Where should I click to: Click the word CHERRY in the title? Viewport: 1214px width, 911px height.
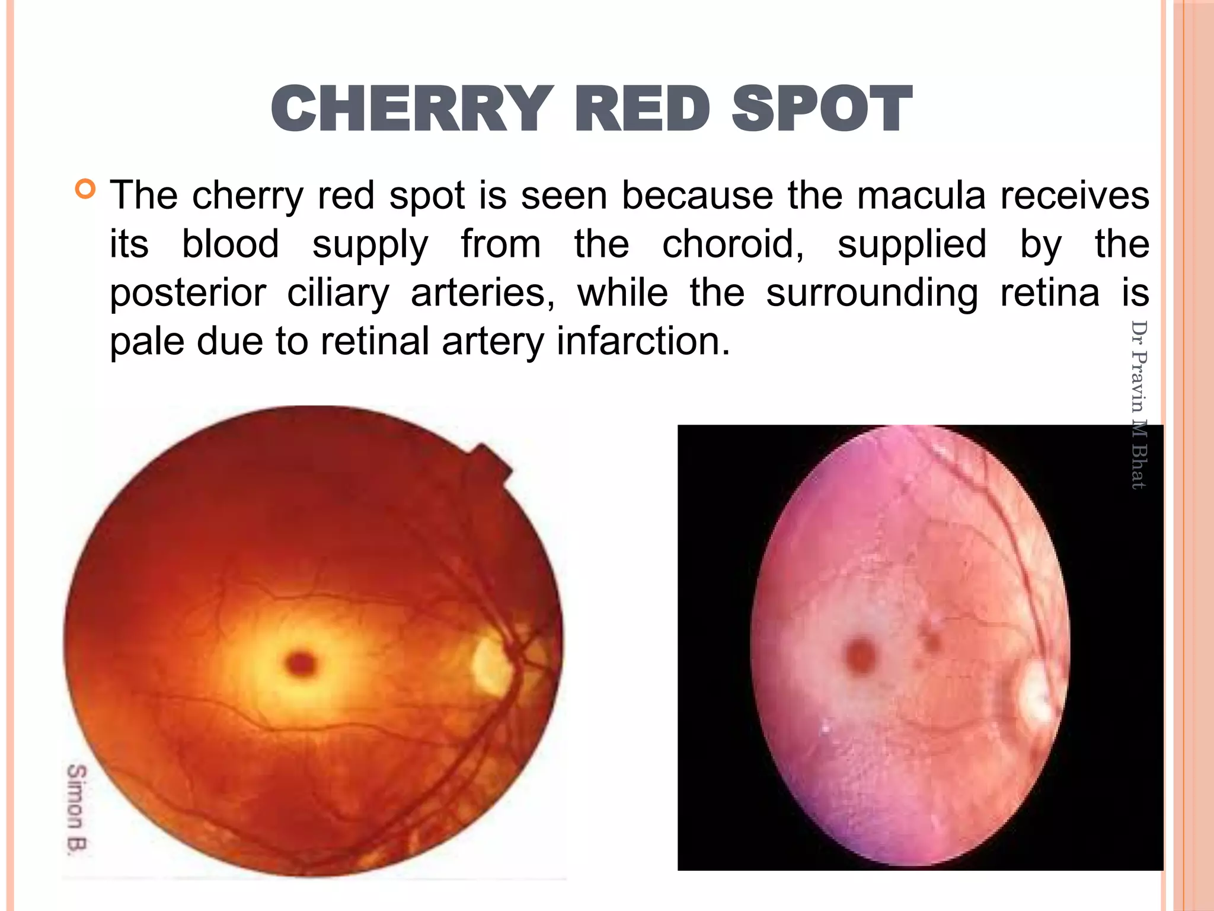[x=408, y=109]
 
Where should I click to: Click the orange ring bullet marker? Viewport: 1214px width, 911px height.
[x=85, y=189]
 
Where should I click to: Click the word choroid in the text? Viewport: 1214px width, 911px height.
[x=733, y=244]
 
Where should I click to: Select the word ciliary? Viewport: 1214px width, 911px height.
[x=338, y=293]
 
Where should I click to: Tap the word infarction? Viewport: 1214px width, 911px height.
[x=643, y=342]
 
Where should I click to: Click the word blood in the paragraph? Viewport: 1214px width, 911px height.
[x=230, y=244]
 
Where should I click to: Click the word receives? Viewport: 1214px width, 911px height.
[x=1075, y=195]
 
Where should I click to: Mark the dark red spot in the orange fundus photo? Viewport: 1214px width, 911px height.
[x=301, y=663]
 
